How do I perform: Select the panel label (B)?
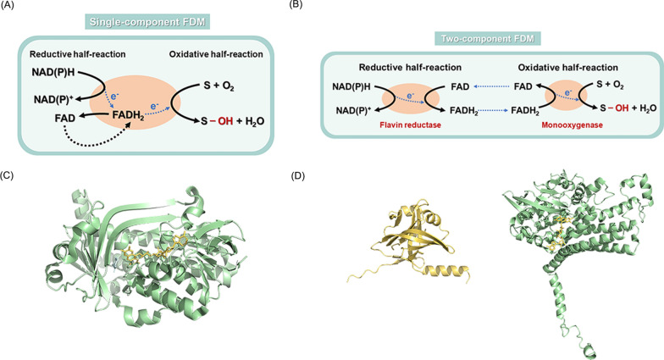334,8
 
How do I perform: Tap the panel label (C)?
10,177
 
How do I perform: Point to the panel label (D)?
334,177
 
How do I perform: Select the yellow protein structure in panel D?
412,238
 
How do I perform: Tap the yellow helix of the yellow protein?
445,274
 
